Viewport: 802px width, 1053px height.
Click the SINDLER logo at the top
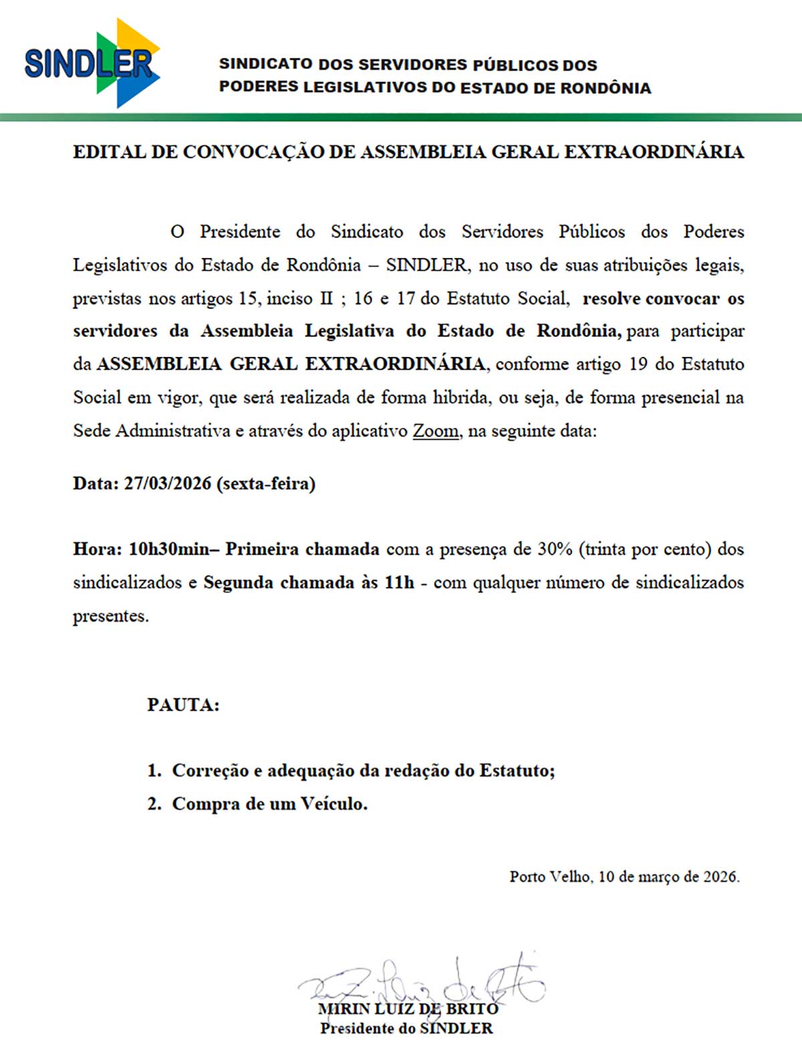(92, 64)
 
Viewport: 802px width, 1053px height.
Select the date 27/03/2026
(167, 483)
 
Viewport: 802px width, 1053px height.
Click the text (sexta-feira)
(266, 483)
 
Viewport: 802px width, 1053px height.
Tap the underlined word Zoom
(436, 431)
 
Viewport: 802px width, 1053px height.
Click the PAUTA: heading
(183, 705)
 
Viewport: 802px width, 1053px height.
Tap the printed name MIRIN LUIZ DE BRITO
(408, 1008)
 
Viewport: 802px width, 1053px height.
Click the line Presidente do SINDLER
(406, 1028)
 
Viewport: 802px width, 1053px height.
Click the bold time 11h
(399, 582)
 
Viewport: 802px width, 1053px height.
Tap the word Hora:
(97, 549)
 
